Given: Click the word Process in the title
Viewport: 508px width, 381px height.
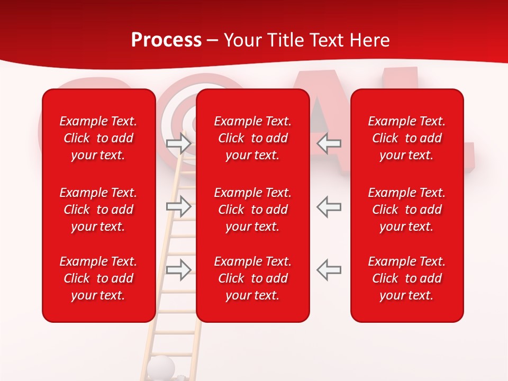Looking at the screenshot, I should pyautogui.click(x=166, y=40).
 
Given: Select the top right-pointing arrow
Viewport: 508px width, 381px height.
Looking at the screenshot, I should pyautogui.click(x=178, y=143).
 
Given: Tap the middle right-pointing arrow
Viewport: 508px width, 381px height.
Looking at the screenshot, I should pyautogui.click(x=178, y=206).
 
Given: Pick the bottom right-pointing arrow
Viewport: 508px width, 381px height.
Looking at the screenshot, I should pyautogui.click(x=178, y=269).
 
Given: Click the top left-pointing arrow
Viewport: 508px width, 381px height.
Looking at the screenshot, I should pyautogui.click(x=329, y=143).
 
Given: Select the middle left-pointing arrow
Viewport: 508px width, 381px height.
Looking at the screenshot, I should pyautogui.click(x=329, y=206).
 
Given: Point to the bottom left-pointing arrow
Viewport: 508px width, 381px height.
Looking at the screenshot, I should pyautogui.click(x=329, y=269).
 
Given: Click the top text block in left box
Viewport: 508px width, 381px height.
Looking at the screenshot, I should pyautogui.click(x=98, y=138).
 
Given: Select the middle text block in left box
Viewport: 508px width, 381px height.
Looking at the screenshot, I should pyautogui.click(x=98, y=210).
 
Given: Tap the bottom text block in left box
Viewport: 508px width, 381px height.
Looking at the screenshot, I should pyautogui.click(x=98, y=278).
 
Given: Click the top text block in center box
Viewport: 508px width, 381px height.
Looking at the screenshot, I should pyautogui.click(x=252, y=138).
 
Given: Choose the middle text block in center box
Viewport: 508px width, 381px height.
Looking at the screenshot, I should pyautogui.click(x=252, y=210).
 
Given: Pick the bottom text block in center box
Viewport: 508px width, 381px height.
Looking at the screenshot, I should pyautogui.click(x=252, y=278).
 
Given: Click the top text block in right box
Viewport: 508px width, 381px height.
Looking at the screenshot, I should pyautogui.click(x=406, y=138).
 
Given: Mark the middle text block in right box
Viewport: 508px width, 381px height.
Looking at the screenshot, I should pyautogui.click(x=406, y=210).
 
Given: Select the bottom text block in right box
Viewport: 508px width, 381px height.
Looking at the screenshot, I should pyautogui.click(x=406, y=278).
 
